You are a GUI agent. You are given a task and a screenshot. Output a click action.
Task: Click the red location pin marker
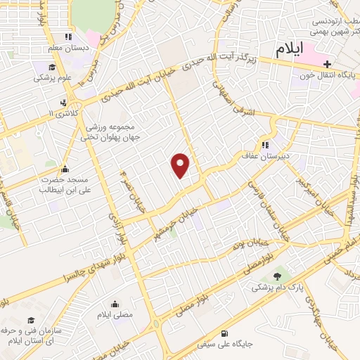coord(181,165)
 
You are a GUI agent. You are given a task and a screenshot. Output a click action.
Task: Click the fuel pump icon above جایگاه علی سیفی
coord(224,333)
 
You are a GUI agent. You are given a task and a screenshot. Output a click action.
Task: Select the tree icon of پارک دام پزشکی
coord(276,276)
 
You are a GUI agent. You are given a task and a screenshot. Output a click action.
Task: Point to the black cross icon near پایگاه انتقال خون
coord(327,64)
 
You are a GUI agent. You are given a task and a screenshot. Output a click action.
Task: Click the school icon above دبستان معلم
coord(68,37)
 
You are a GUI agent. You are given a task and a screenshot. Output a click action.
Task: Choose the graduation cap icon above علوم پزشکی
coord(51,67)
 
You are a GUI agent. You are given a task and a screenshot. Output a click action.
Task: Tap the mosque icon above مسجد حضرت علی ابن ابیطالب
coord(65,169)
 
